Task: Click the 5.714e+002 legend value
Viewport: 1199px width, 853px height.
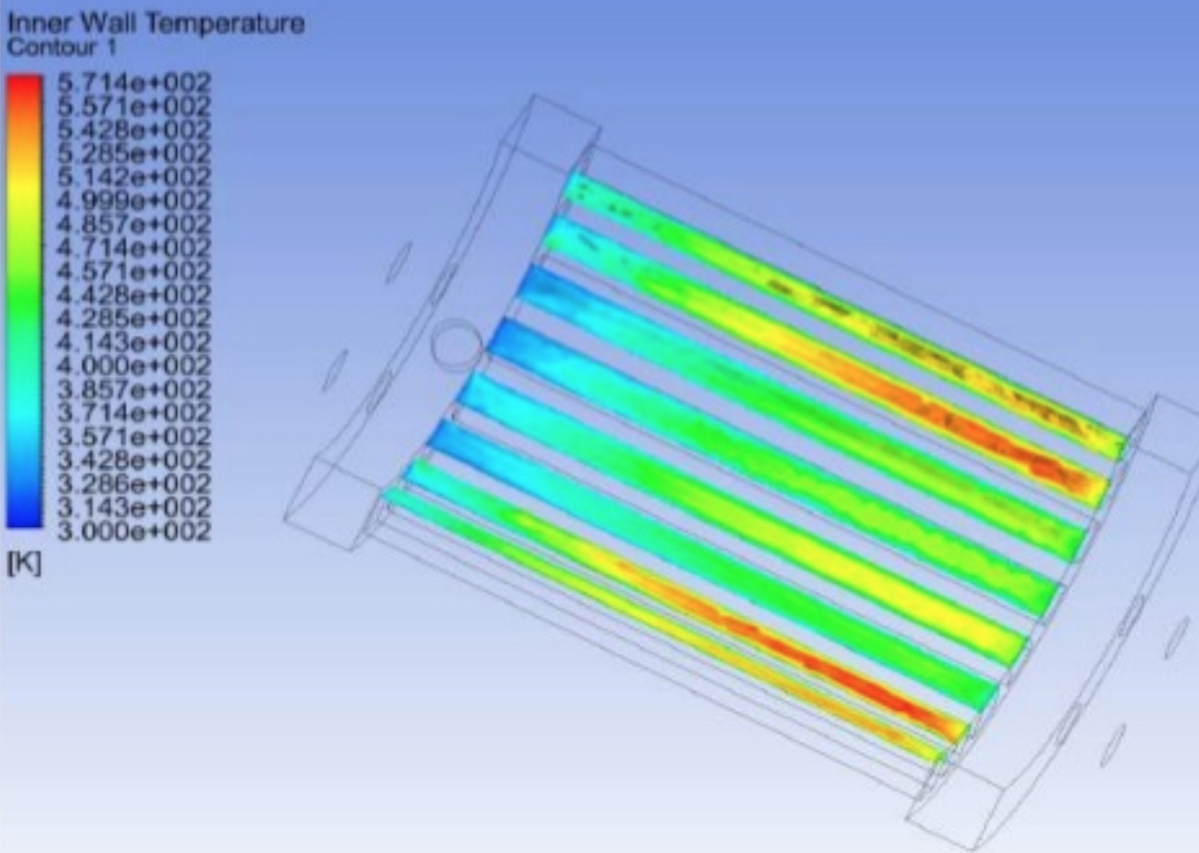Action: click(134, 83)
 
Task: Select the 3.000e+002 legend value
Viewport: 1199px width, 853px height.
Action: click(134, 531)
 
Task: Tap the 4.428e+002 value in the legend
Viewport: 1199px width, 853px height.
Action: click(134, 295)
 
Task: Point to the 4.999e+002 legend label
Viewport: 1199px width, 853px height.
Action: click(134, 201)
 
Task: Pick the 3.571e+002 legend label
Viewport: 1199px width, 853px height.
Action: click(134, 437)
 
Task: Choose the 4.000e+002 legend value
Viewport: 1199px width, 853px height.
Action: click(134, 366)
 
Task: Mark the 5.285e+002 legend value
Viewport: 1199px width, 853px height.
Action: click(134, 154)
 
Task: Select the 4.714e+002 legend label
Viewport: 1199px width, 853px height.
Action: click(134, 248)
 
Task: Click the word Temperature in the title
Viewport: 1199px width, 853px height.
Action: click(226, 24)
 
